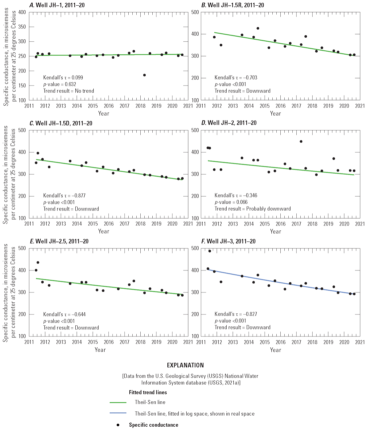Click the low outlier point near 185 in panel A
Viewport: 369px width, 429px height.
[144, 75]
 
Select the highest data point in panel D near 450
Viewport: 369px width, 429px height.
[301, 142]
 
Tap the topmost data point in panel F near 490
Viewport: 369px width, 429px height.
[210, 251]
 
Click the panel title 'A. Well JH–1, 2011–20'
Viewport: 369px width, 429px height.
[59, 5]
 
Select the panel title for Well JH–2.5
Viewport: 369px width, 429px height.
[59, 241]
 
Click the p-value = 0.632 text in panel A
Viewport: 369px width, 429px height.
[60, 84]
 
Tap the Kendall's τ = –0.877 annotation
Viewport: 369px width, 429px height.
[64, 196]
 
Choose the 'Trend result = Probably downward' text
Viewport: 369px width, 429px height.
[252, 209]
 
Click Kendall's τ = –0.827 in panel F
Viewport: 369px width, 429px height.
[236, 314]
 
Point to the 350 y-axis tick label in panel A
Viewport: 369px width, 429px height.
[22, 27]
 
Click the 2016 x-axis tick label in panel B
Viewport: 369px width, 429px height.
[281, 106]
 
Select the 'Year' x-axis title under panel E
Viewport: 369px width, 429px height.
[100, 350]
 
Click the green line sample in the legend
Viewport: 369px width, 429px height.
[118, 403]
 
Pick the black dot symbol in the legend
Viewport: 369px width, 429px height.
[118, 425]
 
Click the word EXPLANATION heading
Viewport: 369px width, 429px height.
[185, 365]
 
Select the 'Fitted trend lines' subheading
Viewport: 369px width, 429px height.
[148, 392]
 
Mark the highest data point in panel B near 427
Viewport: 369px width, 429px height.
[258, 28]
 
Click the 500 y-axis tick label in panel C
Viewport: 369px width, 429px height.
[22, 130]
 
